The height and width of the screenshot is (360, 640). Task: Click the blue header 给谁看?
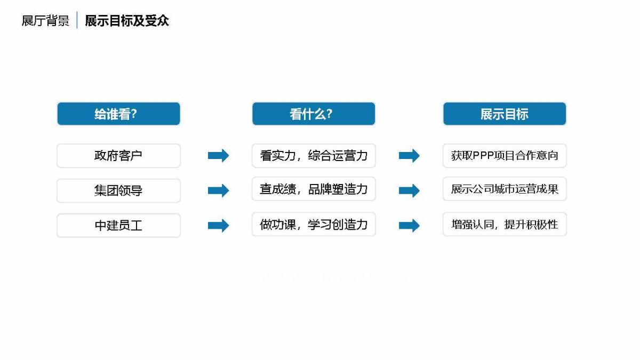pos(118,114)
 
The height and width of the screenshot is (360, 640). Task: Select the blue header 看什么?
pos(314,114)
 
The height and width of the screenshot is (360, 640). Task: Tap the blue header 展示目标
pos(505,114)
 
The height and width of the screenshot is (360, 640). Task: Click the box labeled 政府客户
pos(118,156)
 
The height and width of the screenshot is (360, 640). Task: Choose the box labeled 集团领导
pos(118,190)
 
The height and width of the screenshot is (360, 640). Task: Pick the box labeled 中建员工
pos(118,226)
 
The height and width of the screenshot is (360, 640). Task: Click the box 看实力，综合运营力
pos(314,156)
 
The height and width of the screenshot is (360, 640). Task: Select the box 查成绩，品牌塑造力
pos(314,189)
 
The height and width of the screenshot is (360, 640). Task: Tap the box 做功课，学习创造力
pos(314,225)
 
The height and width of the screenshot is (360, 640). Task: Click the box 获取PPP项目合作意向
pos(505,156)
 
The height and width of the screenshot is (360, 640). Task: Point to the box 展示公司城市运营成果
pos(505,189)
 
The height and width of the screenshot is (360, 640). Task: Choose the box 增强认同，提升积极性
pos(505,225)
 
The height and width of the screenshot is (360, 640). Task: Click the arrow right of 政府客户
pos(219,156)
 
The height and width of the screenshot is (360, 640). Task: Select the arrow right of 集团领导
pos(219,190)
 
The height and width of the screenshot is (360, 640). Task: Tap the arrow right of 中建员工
pos(219,226)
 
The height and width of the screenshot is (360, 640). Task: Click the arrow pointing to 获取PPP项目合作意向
pos(409,156)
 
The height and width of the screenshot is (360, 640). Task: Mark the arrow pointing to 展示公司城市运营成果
pos(409,190)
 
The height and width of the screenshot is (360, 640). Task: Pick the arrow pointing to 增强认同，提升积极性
pos(409,226)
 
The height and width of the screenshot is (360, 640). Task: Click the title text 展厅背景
pos(45,21)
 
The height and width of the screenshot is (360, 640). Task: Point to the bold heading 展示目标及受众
pos(127,21)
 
